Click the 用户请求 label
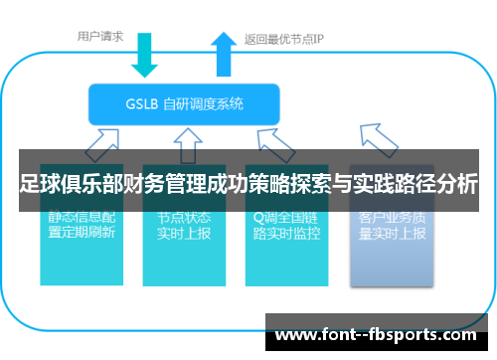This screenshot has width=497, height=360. coord(100,37)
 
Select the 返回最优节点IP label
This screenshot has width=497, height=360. coord(284,40)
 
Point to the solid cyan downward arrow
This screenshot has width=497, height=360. coord(145,58)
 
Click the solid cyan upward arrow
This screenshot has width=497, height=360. coord(223,55)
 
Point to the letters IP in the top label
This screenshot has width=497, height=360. coord(318,40)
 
